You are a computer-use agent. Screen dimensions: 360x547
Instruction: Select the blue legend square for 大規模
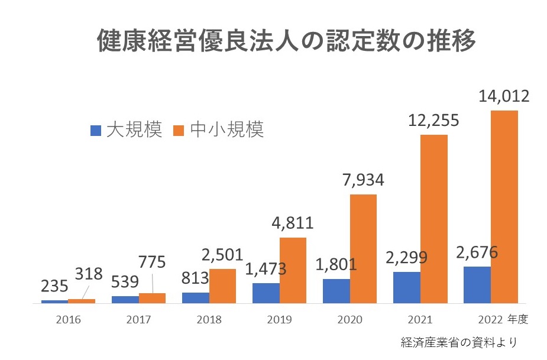click(x=96, y=130)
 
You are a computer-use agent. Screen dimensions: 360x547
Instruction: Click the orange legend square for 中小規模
click(x=179, y=130)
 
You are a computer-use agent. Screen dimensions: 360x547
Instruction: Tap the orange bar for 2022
click(x=504, y=207)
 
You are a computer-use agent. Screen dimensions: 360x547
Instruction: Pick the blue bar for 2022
click(x=477, y=285)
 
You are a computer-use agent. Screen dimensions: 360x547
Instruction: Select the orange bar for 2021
click(x=434, y=219)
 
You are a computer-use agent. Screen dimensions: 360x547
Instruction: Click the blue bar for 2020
click(x=336, y=291)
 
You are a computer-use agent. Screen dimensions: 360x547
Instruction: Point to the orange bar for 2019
click(x=293, y=270)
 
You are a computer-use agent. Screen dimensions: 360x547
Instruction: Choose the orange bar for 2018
click(x=222, y=286)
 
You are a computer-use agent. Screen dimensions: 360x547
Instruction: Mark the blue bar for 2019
click(x=266, y=293)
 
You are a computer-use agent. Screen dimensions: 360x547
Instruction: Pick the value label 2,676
click(x=477, y=252)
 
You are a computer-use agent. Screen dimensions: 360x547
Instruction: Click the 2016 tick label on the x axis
click(x=68, y=320)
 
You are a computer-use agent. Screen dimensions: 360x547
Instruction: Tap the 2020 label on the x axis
click(x=350, y=320)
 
